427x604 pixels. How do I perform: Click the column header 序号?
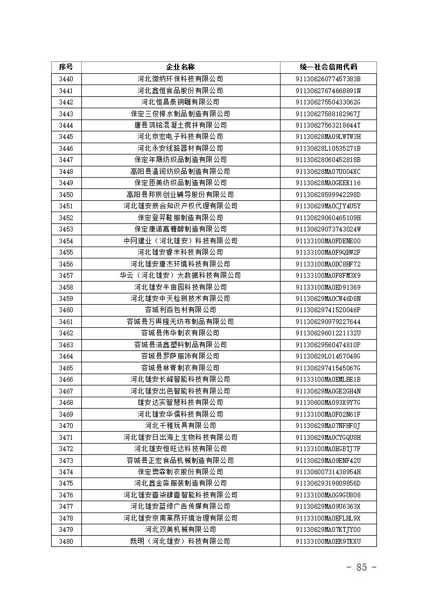tap(66, 67)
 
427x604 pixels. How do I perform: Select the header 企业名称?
tap(180, 67)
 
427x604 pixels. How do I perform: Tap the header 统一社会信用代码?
tap(328, 67)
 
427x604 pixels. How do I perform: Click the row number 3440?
tap(66, 79)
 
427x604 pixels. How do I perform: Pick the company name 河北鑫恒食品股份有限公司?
tap(180, 90)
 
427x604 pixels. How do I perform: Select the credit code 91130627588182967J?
tap(328, 114)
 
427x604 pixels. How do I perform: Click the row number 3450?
tap(66, 194)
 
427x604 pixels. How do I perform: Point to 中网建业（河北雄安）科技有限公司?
tap(180, 241)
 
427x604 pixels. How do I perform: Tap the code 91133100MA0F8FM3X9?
tap(328, 275)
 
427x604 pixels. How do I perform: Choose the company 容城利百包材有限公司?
tap(180, 310)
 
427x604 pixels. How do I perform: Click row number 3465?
tap(66, 368)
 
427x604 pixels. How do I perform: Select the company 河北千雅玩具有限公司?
tap(180, 425)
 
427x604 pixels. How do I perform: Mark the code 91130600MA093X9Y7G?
tap(328, 402)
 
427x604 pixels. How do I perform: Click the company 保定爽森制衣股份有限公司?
tap(180, 472)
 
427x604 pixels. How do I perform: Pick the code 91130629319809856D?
tap(328, 483)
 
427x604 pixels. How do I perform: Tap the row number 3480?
tap(66, 540)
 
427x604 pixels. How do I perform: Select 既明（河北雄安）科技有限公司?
tap(180, 540)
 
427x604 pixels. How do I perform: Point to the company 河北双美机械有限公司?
tap(180, 529)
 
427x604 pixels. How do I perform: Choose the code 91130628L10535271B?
tap(328, 148)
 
